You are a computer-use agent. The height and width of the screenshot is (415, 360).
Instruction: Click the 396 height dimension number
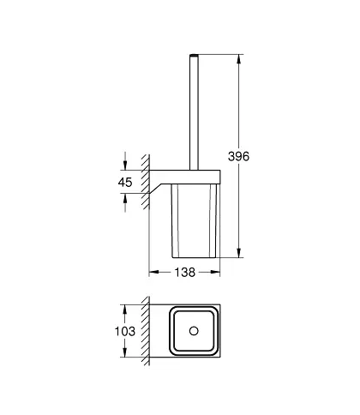coord(238,156)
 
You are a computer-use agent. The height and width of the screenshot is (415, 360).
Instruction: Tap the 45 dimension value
coord(125,182)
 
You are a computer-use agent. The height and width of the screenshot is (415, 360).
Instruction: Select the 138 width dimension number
coord(185,272)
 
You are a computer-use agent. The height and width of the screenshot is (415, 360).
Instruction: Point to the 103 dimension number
coord(125,331)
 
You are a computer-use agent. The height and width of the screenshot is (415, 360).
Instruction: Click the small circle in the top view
coord(194,331)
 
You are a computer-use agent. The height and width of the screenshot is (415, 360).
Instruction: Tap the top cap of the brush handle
coord(194,54)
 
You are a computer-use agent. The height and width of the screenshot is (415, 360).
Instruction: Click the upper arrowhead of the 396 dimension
coord(239,59)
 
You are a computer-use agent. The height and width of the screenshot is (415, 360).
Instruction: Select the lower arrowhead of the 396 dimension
coord(239,252)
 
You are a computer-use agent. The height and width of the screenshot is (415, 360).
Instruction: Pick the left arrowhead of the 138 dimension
coord(154,272)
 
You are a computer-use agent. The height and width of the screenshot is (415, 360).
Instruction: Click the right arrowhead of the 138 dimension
coord(215,272)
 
